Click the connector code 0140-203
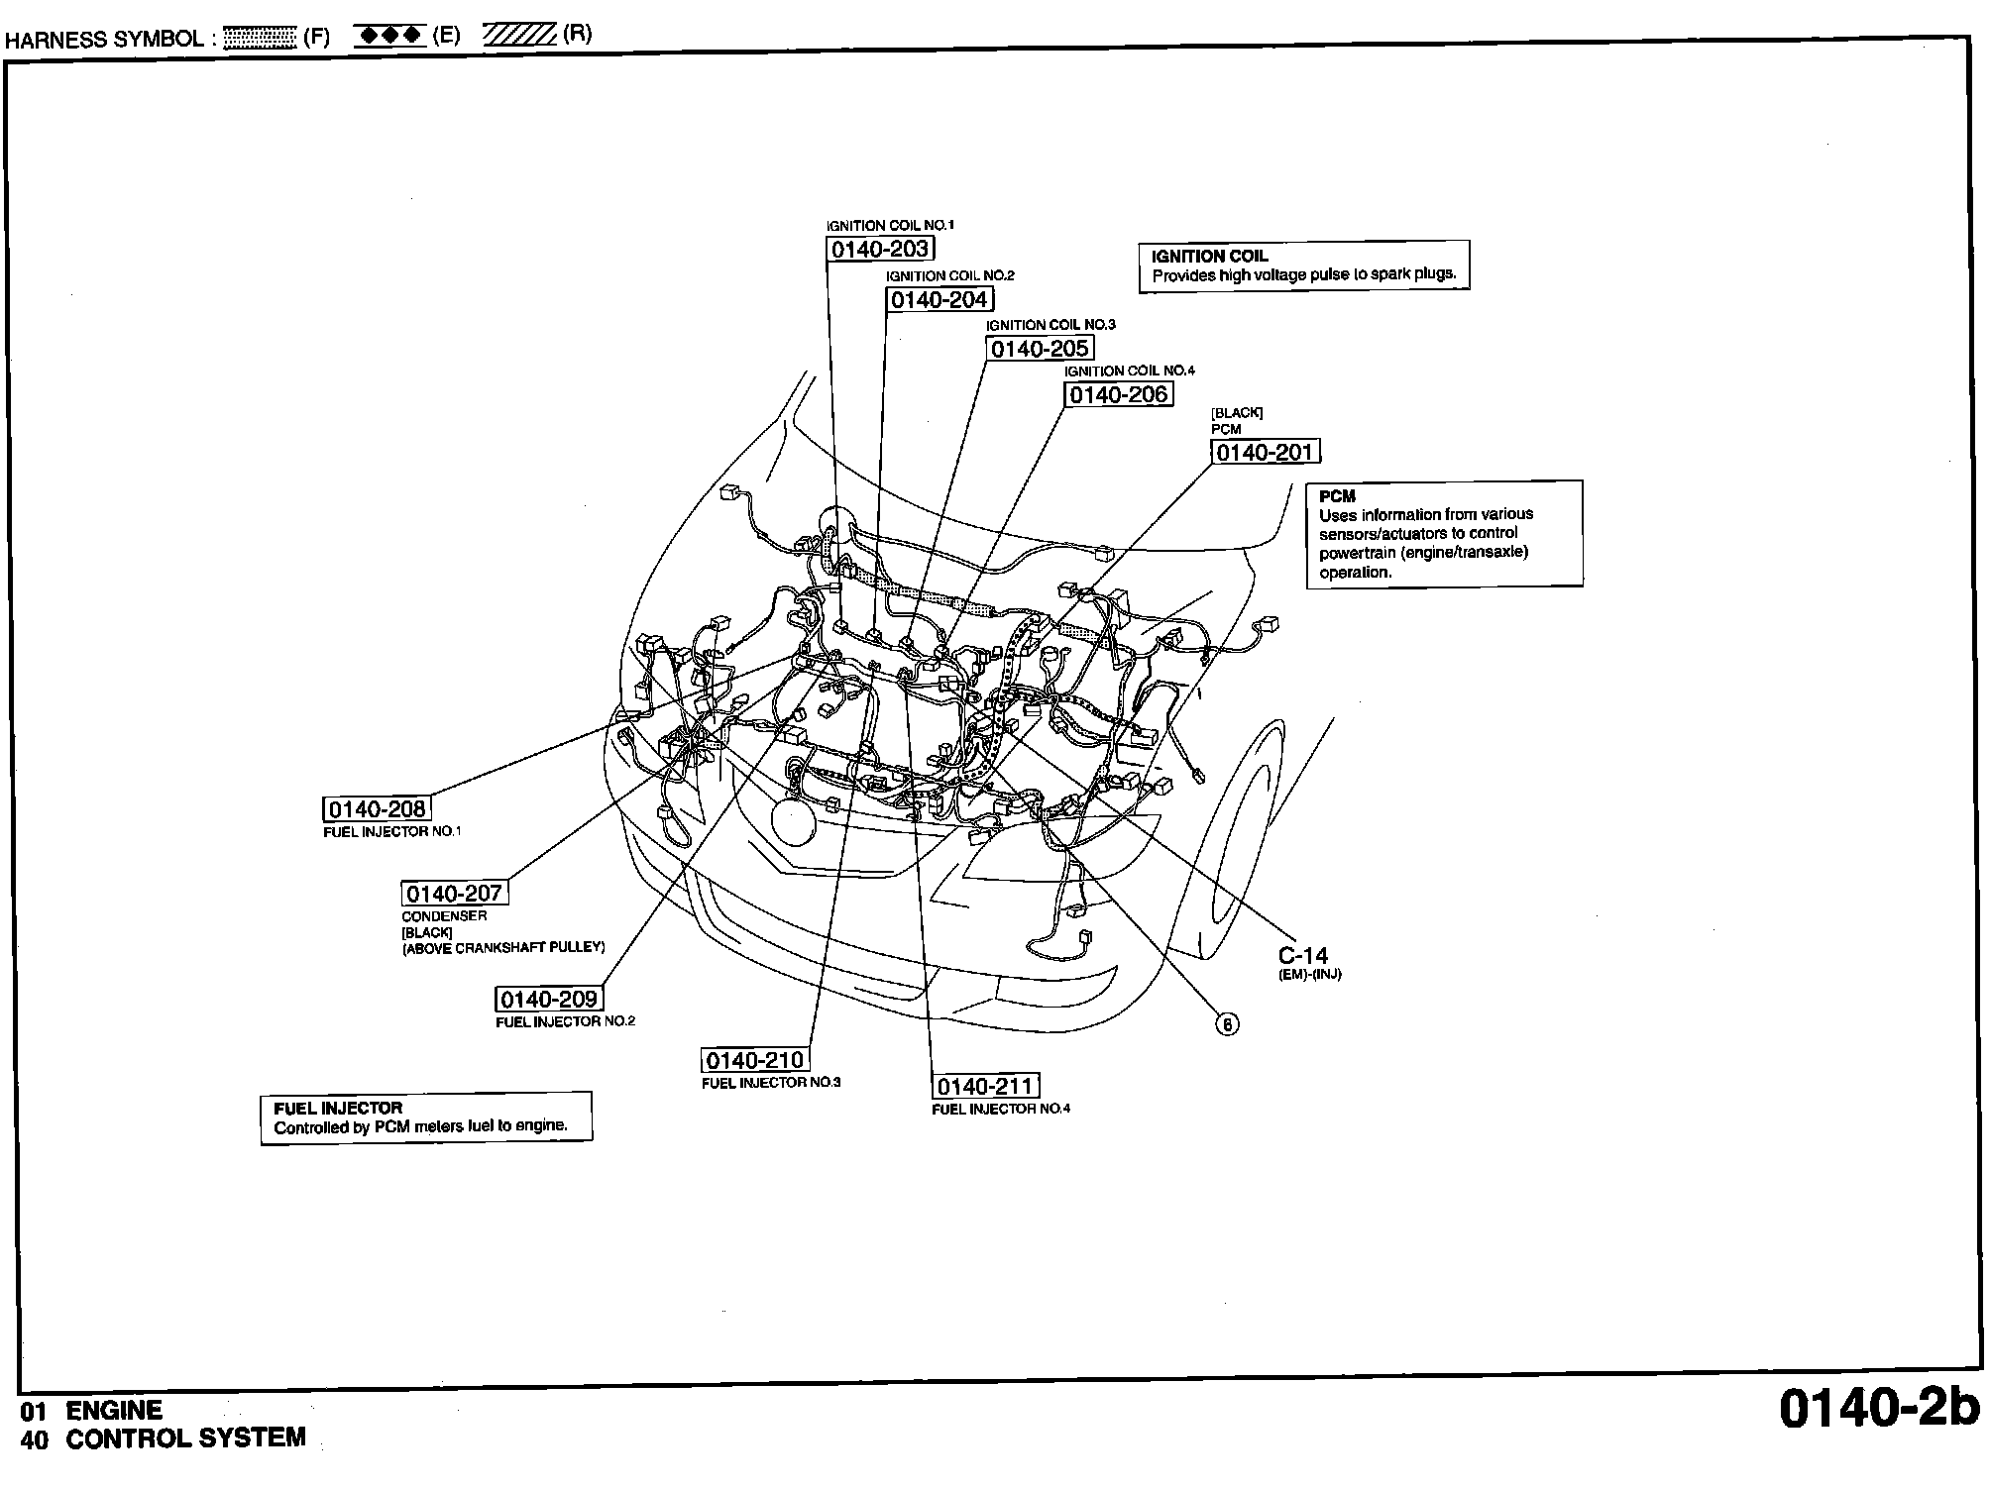click(880, 249)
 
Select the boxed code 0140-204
click(940, 299)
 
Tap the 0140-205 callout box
click(1040, 349)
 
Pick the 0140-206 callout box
click(1119, 394)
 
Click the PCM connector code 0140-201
click(1266, 453)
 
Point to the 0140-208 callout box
click(377, 809)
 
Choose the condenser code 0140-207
click(455, 893)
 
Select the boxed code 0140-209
click(549, 1000)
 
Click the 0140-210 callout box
click(755, 1060)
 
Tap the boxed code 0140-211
click(986, 1087)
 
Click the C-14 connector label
click(1302, 956)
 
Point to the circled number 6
click(1227, 1024)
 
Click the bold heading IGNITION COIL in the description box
click(1209, 257)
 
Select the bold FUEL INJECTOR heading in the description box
click(338, 1109)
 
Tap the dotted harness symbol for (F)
click(260, 39)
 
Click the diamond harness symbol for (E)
click(389, 37)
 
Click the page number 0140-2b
click(1878, 1408)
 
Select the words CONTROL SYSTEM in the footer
click(185, 1438)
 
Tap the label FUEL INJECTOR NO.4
click(1001, 1109)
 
